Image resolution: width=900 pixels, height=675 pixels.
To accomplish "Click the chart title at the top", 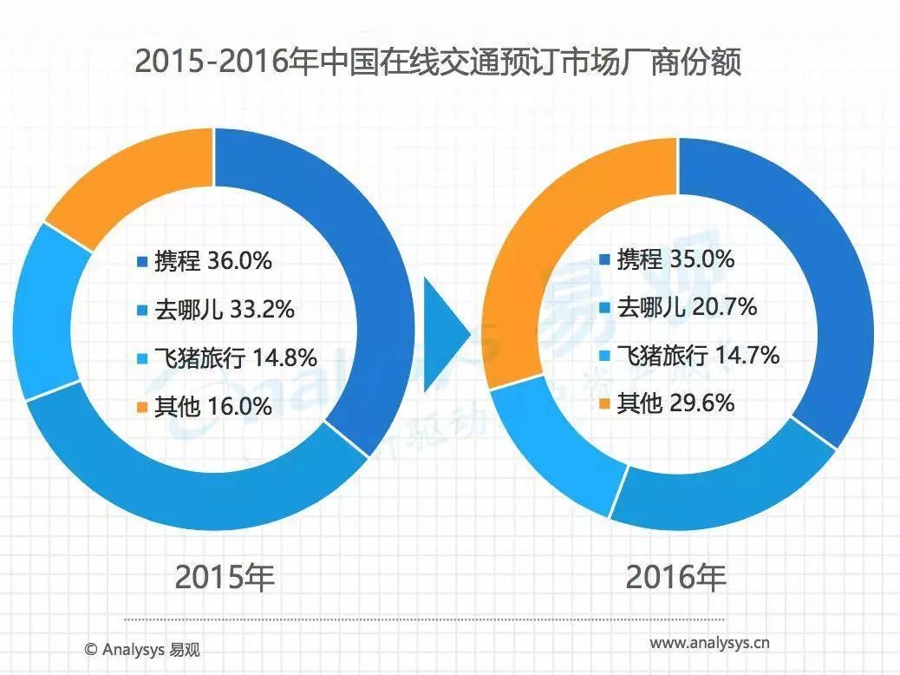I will point(439,63).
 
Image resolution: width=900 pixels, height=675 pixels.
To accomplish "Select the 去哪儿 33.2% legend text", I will point(224,309).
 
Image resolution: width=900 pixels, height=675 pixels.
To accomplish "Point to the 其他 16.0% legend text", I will point(213,405).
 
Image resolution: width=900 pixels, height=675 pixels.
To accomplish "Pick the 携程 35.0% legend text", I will point(675,259).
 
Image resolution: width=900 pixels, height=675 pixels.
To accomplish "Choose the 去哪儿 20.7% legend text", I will point(686,306).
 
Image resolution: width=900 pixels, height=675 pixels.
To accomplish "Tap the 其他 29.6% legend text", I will point(675,403).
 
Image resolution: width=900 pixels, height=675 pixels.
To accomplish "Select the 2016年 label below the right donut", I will point(675,576).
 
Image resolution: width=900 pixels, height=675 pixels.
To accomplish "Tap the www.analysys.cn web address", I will point(709,644).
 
